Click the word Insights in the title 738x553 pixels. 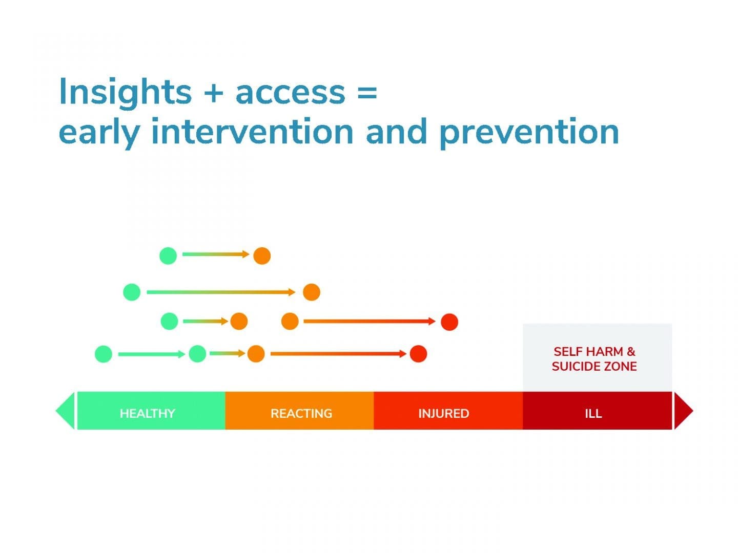[125, 93]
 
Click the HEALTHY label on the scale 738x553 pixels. [147, 413]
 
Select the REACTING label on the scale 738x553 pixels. [301, 413]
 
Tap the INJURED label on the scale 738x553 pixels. [443, 413]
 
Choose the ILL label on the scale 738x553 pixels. [593, 413]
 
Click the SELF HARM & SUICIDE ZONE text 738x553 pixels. [594, 359]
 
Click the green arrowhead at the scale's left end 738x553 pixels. [66, 411]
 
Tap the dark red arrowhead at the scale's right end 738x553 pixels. [683, 411]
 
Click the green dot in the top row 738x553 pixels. [168, 255]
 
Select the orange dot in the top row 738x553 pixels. [262, 256]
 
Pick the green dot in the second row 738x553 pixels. [132, 292]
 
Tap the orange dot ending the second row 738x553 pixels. [312, 292]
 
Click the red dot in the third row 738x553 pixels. [449, 322]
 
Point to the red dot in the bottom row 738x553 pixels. [418, 354]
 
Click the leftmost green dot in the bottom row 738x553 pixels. [104, 354]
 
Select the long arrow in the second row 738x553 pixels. [220, 292]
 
